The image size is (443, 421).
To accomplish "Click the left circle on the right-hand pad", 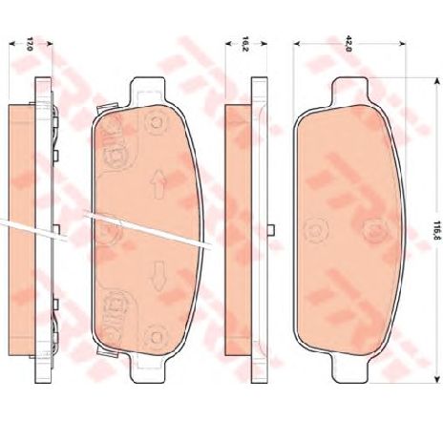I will [x=312, y=230].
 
